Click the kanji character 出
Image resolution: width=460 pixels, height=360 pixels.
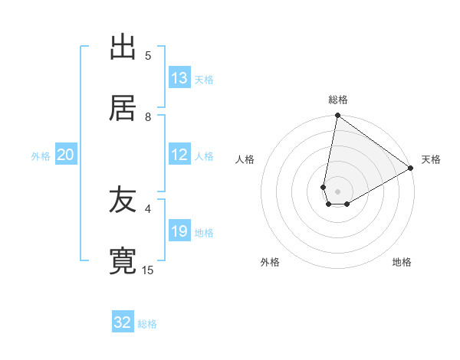tap(123, 47)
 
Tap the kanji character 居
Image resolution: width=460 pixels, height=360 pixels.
tap(123, 109)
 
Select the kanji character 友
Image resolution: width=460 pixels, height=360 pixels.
tap(123, 201)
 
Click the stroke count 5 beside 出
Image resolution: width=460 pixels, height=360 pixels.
tap(148, 55)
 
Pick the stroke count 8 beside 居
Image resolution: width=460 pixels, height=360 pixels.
tap(148, 116)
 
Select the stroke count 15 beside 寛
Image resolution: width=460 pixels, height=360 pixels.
tap(148, 270)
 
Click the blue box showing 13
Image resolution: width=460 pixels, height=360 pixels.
tap(179, 78)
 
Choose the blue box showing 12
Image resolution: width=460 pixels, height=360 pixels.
tap(179, 155)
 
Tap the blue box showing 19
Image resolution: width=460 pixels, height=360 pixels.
tap(179, 231)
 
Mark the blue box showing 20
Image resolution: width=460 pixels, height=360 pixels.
tap(66, 155)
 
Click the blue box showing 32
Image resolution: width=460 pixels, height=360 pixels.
tap(123, 322)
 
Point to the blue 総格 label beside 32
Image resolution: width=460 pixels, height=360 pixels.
tap(148, 324)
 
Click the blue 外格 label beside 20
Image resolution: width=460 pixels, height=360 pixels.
tap(41, 156)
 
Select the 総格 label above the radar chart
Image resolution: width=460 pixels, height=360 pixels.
tap(338, 100)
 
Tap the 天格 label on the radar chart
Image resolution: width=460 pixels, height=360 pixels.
tap(431, 159)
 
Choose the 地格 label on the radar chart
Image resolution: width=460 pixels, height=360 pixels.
tap(402, 262)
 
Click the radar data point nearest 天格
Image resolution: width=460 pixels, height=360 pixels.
tap(411, 169)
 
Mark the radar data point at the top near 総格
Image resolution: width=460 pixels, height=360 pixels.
tap(337, 116)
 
